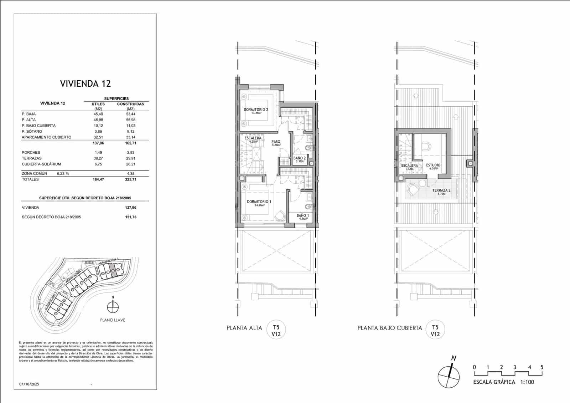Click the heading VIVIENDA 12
pyautogui.click(x=85, y=84)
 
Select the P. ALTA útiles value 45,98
pyautogui.click(x=98, y=120)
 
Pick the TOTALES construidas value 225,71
pyautogui.click(x=131, y=179)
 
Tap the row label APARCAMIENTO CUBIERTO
pyautogui.click(x=46, y=137)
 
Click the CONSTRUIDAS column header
pyautogui.click(x=130, y=104)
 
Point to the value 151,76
pyautogui.click(x=131, y=217)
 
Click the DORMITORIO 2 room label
pyautogui.click(x=256, y=110)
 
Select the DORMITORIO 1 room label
pyautogui.click(x=259, y=202)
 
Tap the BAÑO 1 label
pyautogui.click(x=303, y=216)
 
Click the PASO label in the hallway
pyautogui.click(x=276, y=142)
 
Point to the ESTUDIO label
pyautogui.click(x=433, y=165)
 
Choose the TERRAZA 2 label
pyautogui.click(x=441, y=190)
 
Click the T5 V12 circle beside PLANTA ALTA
pyautogui.click(x=276, y=330)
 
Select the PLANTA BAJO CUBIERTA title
pyautogui.click(x=389, y=328)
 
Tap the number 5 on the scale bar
pyautogui.click(x=542, y=367)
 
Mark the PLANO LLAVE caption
pyautogui.click(x=113, y=320)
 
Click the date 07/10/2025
pyautogui.click(x=29, y=384)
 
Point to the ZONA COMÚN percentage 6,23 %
pyautogui.click(x=63, y=174)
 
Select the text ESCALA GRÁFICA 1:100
pyautogui.click(x=503, y=382)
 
